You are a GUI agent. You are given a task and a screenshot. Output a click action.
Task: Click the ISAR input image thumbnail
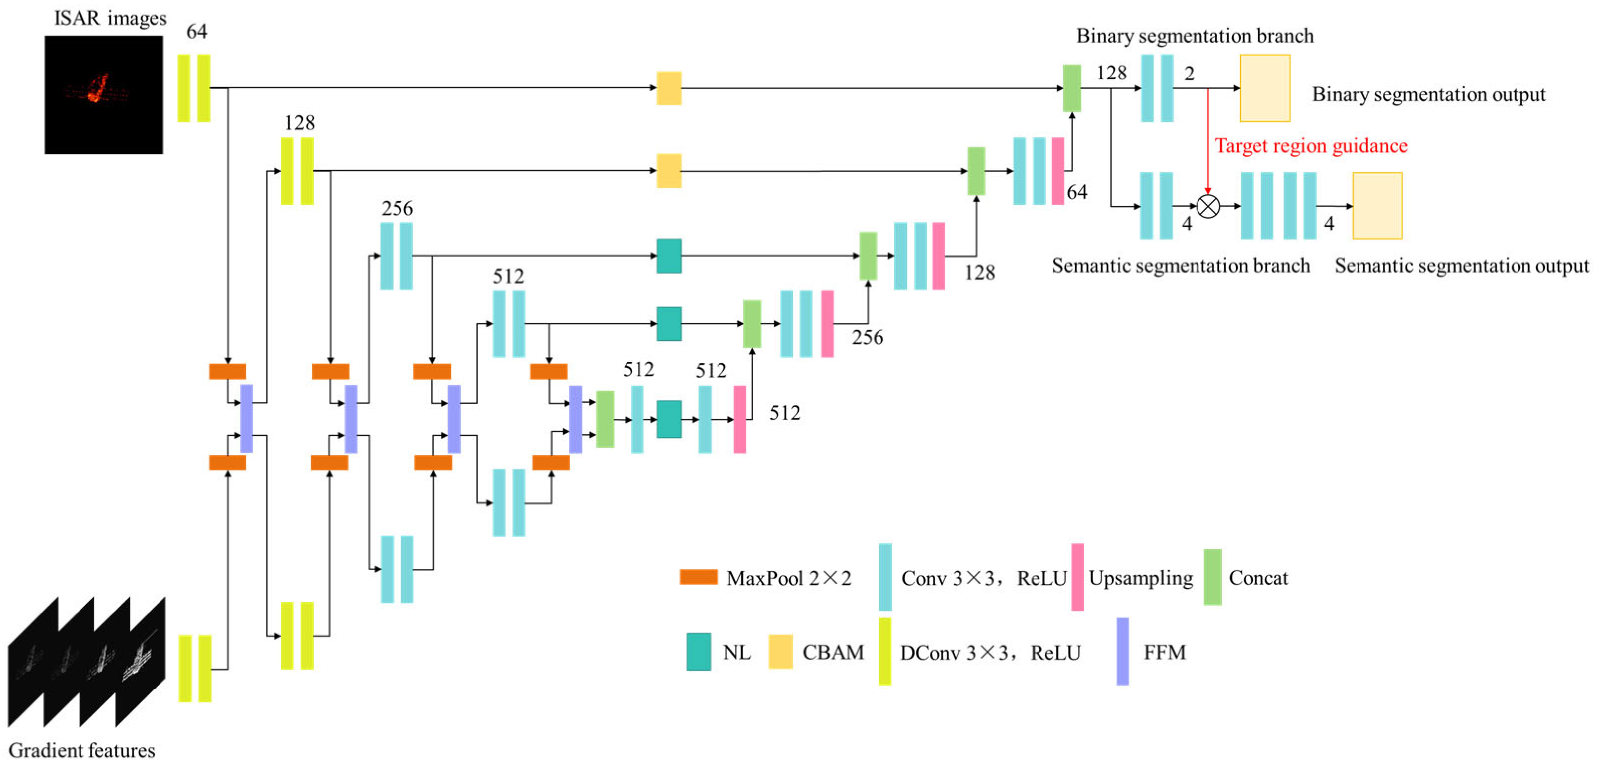click(x=103, y=94)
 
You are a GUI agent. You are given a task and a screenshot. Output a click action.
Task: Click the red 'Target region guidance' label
click(x=1311, y=146)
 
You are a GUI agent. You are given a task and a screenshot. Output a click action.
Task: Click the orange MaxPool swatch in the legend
click(x=698, y=577)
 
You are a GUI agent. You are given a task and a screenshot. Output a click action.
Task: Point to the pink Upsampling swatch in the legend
click(x=1078, y=577)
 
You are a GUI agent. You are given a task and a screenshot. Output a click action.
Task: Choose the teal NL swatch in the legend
click(x=699, y=651)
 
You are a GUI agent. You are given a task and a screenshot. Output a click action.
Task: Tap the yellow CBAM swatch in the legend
click(x=781, y=651)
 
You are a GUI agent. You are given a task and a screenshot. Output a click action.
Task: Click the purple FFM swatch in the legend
click(x=1122, y=651)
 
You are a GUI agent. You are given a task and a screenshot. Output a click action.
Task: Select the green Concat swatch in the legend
click(x=1213, y=577)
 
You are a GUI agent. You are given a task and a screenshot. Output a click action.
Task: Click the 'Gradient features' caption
click(x=82, y=751)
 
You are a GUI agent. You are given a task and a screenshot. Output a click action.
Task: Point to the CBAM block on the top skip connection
click(x=669, y=88)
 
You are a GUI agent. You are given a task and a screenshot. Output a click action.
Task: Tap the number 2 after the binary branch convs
click(x=1189, y=74)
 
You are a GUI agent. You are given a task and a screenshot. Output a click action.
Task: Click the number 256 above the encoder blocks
click(x=397, y=209)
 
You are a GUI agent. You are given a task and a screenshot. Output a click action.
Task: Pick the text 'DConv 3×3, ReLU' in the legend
click(x=990, y=653)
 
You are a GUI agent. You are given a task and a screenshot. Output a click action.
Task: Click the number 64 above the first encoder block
click(x=197, y=32)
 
